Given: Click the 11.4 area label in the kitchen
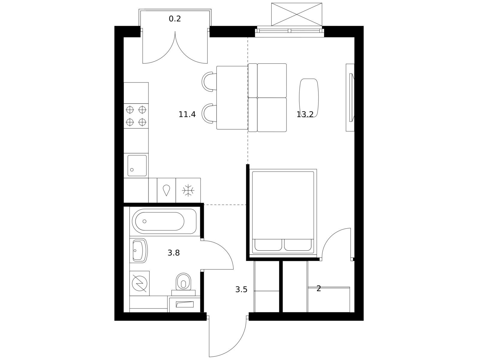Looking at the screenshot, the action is coord(187,114).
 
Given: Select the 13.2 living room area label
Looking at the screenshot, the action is coord(305,114).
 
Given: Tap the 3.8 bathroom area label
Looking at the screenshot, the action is coord(174,253).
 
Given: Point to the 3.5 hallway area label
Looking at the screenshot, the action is coord(241,289).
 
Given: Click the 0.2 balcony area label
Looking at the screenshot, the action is coord(175,19).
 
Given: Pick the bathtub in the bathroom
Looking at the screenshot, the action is coord(164,221).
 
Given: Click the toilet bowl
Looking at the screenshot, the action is coord(183,282).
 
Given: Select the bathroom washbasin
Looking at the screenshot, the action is coord(139,250).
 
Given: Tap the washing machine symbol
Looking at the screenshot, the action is coord(139,283).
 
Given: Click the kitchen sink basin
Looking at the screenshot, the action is coord(137,166).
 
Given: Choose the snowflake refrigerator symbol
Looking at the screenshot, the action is coord(188,190).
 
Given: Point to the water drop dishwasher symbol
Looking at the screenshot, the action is coord(166,190).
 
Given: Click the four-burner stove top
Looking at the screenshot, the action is coord(136,116).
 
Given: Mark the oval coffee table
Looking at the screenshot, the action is coord(309,98).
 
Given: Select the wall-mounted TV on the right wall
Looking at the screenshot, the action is coord(351,97).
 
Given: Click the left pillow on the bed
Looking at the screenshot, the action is coord(268,245).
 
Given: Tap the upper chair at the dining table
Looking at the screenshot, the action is coord(209,82).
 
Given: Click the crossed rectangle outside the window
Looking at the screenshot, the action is coord(297,14).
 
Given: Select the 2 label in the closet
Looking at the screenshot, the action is coord(318,289).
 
